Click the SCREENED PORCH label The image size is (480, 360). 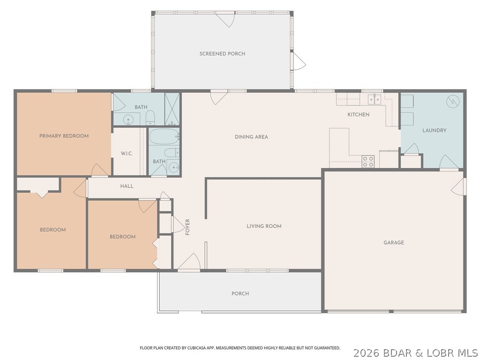tap(222, 54)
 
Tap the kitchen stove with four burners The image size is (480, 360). tap(368, 162)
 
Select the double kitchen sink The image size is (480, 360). tap(374, 99)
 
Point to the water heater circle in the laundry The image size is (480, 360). tap(452, 101)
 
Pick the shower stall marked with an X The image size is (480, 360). tap(172, 109)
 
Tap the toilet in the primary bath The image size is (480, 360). tap(150, 117)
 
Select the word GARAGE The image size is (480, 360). tap(394, 243)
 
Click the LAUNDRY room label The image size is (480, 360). tap(434, 130)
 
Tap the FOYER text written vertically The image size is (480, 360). tap(187, 227)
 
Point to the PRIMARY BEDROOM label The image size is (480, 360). tap(64, 136)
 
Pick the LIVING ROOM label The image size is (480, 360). tap(264, 226)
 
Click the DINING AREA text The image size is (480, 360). tap(251, 137)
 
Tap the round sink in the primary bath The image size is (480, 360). tap(128, 120)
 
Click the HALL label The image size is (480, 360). tap(127, 186)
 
